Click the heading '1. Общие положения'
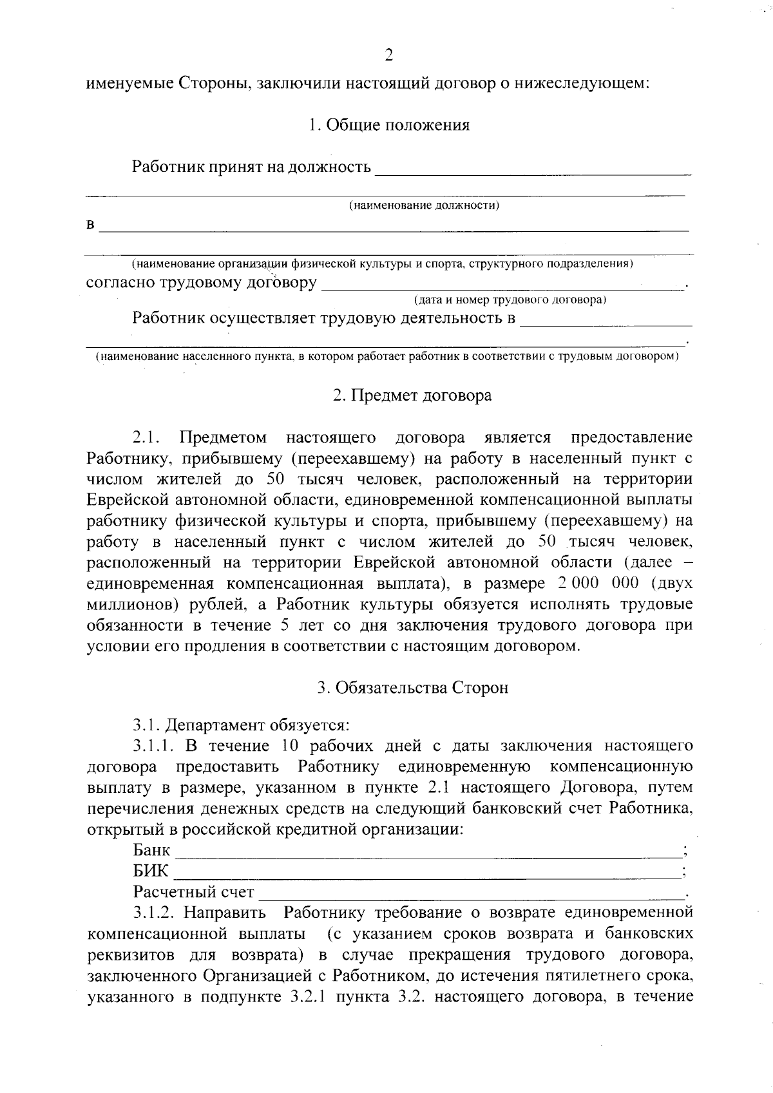pos(388,125)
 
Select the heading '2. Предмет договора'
pos(412,395)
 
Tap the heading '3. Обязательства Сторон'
pos(412,688)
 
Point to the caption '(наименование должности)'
pos(425,205)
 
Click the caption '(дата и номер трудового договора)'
pos(509,300)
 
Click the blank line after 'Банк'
pos(428,854)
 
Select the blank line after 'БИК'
pos(428,875)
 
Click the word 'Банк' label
pos(151,850)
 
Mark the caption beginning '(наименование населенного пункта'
pos(386,356)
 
